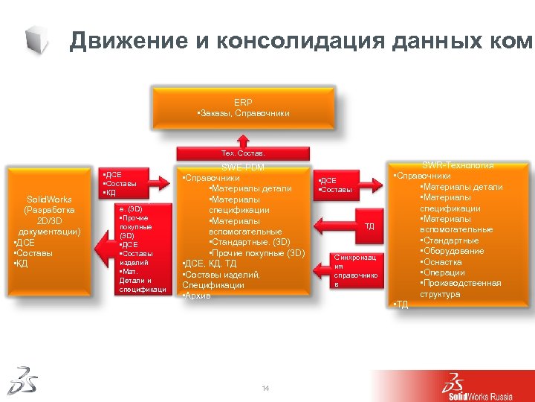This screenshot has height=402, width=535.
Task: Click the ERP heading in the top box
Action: click(x=243, y=102)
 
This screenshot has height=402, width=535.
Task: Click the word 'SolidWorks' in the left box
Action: click(x=49, y=200)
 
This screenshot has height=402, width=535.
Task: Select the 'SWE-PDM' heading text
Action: click(x=243, y=167)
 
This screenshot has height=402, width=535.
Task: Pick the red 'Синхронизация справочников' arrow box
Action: click(x=360, y=270)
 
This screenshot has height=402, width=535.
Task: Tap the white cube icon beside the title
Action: click(x=36, y=39)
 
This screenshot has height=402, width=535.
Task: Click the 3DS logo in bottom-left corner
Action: click(x=22, y=380)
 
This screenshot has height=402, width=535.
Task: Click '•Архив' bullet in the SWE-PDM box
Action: click(x=198, y=296)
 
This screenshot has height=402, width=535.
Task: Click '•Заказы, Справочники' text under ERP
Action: click(x=243, y=113)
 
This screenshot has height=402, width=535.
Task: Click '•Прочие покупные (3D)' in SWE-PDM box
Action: click(x=257, y=253)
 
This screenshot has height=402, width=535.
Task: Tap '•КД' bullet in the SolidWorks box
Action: click(x=20, y=264)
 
